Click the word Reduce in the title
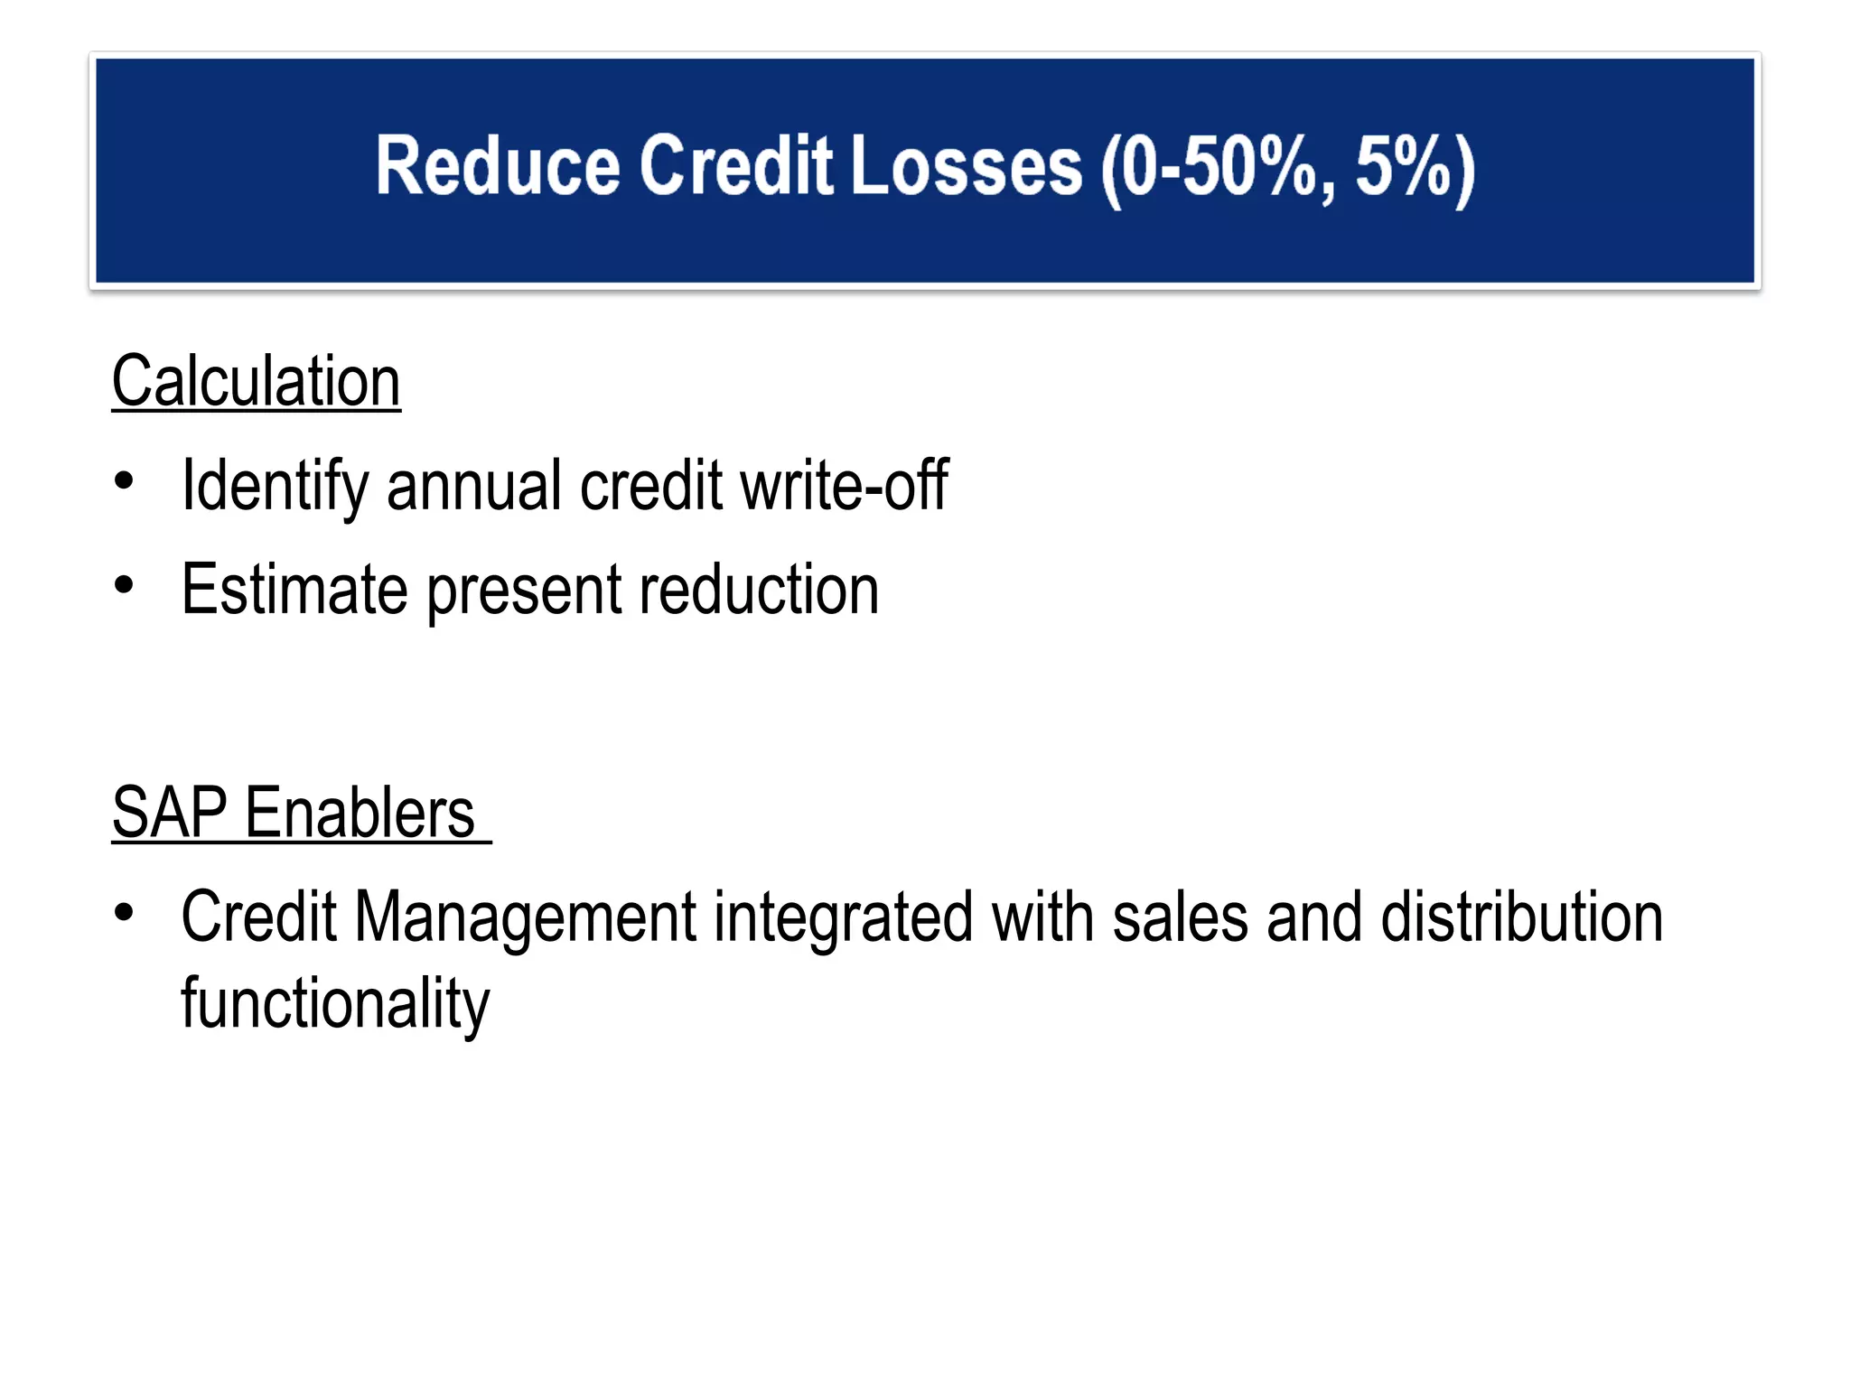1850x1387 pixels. click(498, 166)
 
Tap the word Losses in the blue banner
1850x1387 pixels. click(966, 166)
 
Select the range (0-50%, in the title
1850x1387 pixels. click(1216, 168)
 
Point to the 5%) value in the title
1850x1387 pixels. click(1415, 168)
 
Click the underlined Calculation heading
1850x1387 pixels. click(256, 382)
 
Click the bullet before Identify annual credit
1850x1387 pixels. click(124, 479)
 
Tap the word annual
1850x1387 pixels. click(473, 486)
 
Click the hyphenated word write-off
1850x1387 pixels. click(844, 486)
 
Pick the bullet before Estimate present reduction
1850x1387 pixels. click(124, 585)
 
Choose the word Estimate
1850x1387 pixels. click(294, 591)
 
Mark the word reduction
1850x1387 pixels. click(759, 591)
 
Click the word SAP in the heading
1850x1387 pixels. click(169, 813)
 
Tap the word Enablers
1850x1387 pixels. click(360, 813)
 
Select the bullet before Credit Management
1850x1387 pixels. click(124, 913)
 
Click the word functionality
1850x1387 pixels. click(335, 1005)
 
